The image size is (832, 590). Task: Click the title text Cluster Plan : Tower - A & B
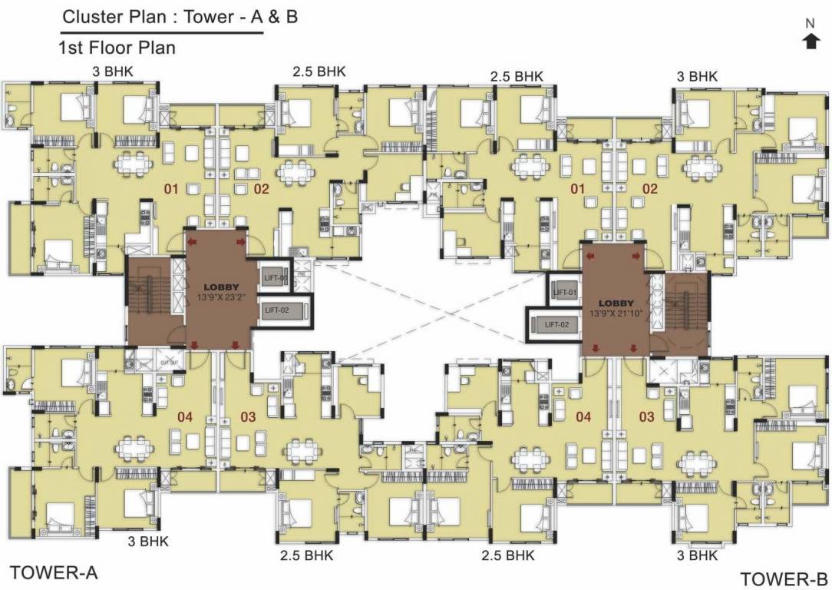tap(180, 17)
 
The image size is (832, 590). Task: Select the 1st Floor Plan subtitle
tap(117, 48)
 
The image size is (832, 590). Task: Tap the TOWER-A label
tap(54, 572)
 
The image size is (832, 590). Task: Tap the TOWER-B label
tap(784, 578)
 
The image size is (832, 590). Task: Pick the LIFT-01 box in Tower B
tap(565, 292)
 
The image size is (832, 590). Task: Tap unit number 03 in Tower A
tap(248, 417)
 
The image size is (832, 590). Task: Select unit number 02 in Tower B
tap(650, 188)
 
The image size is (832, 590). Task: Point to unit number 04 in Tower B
tap(583, 417)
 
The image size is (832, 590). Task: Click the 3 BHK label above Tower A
tap(112, 71)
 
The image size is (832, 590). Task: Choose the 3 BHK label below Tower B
tap(697, 555)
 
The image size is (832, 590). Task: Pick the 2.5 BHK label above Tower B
tap(517, 76)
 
